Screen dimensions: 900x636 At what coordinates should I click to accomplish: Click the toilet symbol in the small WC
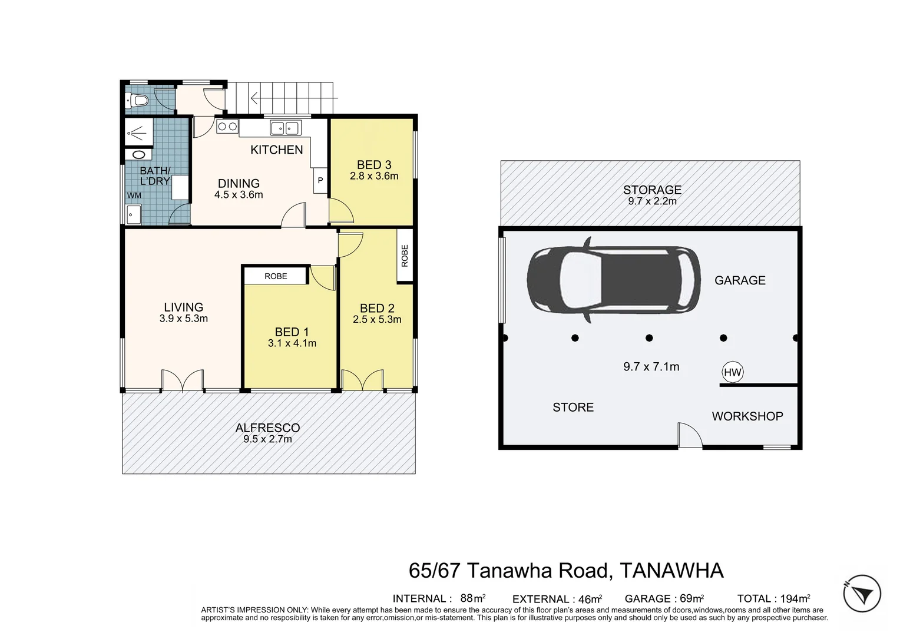(x=136, y=100)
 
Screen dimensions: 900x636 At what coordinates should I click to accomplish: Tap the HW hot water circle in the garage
(x=733, y=372)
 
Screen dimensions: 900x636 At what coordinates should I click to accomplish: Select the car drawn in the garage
(x=614, y=280)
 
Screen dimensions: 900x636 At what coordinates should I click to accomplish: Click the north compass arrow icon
(x=862, y=594)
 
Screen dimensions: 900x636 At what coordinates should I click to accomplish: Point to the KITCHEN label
(x=276, y=150)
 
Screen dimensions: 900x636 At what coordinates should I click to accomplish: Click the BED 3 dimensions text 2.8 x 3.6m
(x=374, y=176)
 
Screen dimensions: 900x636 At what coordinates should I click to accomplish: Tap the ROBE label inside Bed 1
(x=276, y=276)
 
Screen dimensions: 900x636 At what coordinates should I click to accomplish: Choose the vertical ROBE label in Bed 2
(x=405, y=256)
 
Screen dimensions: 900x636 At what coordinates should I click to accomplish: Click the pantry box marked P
(x=320, y=181)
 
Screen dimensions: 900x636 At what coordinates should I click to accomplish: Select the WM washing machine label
(x=134, y=196)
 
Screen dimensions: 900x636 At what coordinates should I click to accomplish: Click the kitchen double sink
(x=285, y=128)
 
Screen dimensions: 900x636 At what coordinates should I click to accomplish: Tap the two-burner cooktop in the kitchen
(x=227, y=127)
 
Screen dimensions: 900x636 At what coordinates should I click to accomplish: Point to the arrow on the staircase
(x=294, y=98)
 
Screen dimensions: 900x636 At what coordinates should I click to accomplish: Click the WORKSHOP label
(x=747, y=416)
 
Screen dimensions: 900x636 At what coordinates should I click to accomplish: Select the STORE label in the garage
(x=573, y=408)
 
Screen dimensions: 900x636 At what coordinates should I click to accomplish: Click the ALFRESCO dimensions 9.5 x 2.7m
(x=267, y=439)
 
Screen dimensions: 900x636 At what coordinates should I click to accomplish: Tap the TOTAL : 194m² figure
(x=773, y=599)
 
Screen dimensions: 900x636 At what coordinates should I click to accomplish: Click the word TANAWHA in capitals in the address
(x=672, y=571)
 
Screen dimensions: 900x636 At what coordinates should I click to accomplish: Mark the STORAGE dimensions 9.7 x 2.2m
(x=653, y=201)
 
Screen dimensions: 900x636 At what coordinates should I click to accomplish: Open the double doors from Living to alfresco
(x=183, y=380)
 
